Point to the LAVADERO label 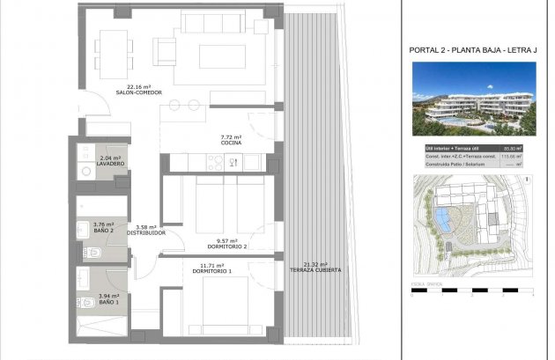110,165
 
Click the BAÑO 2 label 105,231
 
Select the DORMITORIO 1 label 211,270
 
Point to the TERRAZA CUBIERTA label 314,270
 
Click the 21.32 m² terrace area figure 314,264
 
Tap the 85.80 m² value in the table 512,148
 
